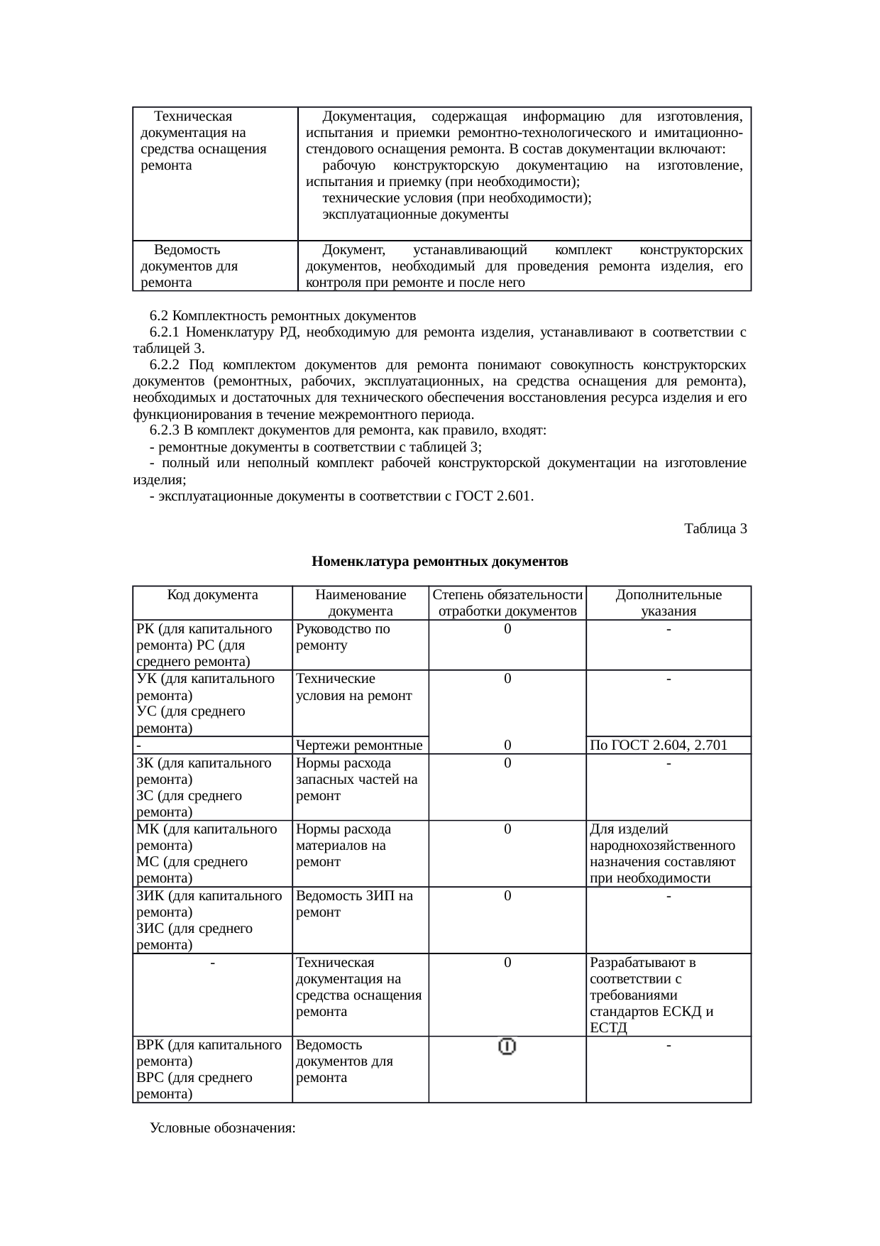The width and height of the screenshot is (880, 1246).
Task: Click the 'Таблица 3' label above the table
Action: click(x=715, y=529)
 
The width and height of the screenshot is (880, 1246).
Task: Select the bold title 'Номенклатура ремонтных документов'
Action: click(x=439, y=562)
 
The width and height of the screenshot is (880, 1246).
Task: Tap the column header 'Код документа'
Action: click(x=212, y=595)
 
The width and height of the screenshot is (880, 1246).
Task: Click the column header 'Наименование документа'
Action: click(x=361, y=603)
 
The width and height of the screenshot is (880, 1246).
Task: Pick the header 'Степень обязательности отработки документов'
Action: click(x=507, y=603)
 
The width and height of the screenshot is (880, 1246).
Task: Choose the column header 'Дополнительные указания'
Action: click(x=668, y=603)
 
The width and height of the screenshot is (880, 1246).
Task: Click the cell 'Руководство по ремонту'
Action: click(x=343, y=637)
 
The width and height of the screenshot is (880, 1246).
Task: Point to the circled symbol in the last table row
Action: click(x=507, y=1046)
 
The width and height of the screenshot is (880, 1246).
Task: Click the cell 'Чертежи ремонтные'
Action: click(x=359, y=745)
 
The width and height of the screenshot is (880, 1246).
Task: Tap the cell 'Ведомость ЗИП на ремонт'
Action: click(x=354, y=904)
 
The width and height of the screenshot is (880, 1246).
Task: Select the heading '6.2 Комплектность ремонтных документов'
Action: click(x=282, y=315)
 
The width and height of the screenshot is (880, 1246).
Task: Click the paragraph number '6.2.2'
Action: click(x=165, y=365)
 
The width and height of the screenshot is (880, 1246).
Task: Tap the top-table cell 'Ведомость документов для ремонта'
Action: click(x=189, y=266)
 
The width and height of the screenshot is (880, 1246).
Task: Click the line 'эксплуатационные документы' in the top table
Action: click(x=415, y=214)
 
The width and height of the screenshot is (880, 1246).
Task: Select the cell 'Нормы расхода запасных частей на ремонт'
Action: click(x=357, y=780)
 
